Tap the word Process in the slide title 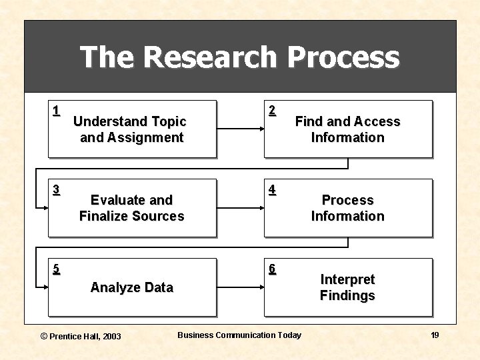click(x=343, y=57)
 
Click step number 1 click(x=56, y=111)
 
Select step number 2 click(x=272, y=111)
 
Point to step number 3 click(x=56, y=189)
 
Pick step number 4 click(x=272, y=189)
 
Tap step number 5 click(x=56, y=269)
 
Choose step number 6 click(x=272, y=269)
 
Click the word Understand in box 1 click(x=111, y=121)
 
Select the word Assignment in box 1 click(x=149, y=138)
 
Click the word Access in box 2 click(x=375, y=121)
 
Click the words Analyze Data click(x=131, y=287)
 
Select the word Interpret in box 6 click(x=347, y=279)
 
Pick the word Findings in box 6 click(x=347, y=295)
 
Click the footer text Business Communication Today click(x=239, y=335)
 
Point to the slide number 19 click(x=435, y=335)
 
